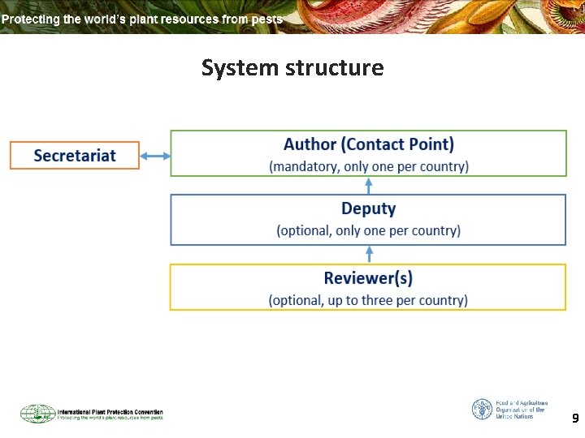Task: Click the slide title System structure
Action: click(292, 67)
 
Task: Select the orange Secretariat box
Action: click(75, 155)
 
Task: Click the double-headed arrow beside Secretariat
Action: click(155, 156)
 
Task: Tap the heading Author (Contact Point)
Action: click(369, 144)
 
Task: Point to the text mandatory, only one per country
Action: click(369, 166)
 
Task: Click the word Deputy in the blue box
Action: click(369, 208)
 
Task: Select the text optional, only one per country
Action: click(369, 230)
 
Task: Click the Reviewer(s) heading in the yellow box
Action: click(368, 278)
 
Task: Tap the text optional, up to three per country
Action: click(368, 300)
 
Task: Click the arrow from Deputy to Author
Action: click(369, 185)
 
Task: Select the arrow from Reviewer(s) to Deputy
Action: click(369, 254)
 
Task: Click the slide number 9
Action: click(575, 419)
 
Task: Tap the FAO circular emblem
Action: click(482, 409)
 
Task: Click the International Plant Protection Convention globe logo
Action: click(37, 414)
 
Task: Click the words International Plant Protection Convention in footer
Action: click(110, 411)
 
